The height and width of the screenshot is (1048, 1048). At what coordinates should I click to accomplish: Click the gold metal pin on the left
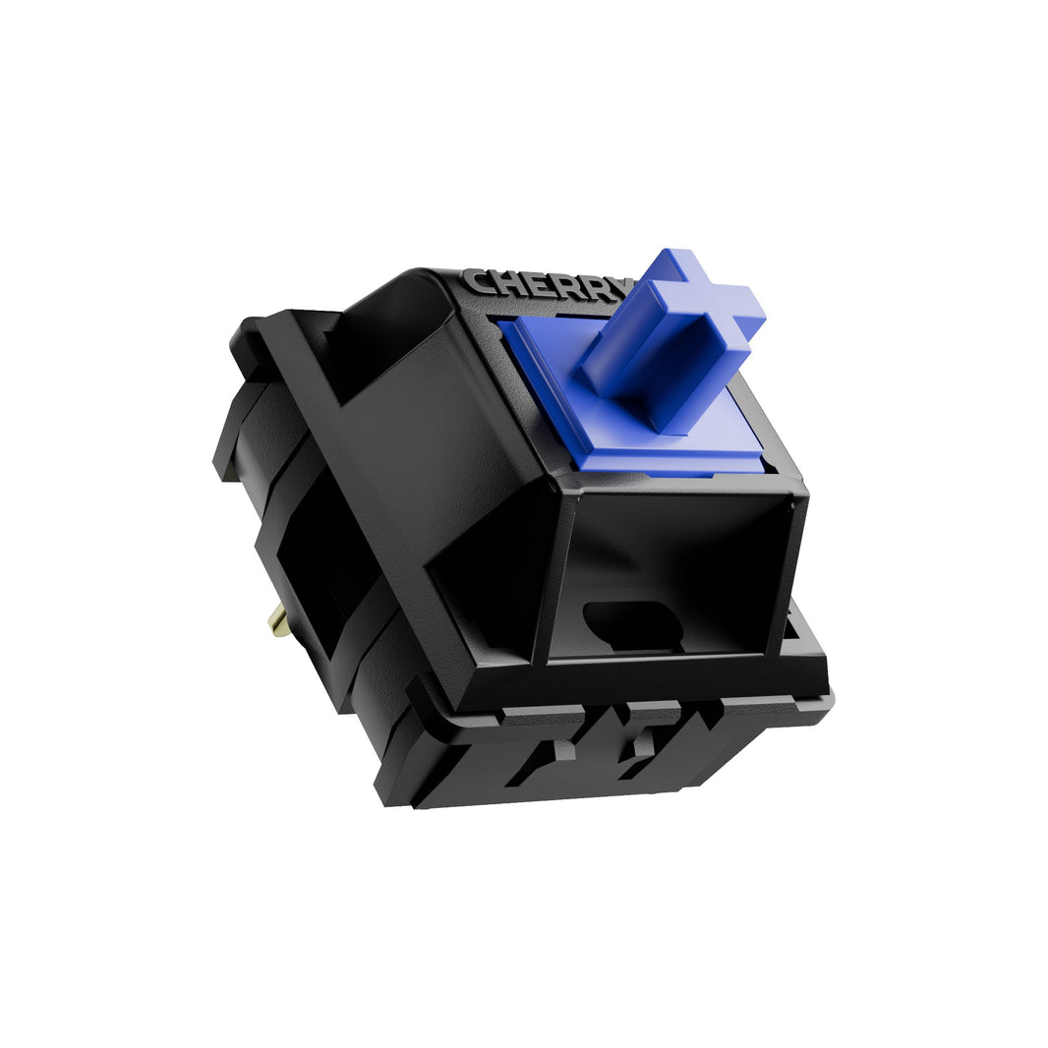click(x=278, y=620)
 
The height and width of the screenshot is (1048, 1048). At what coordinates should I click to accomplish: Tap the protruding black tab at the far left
click(x=228, y=442)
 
